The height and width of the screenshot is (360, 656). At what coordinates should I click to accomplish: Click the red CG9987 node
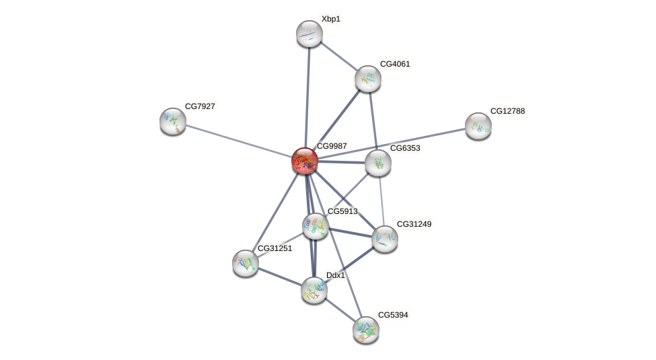(x=305, y=161)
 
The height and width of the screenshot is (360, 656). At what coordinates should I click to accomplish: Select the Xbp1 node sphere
(x=309, y=34)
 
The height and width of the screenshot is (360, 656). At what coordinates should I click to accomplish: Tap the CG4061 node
(x=368, y=79)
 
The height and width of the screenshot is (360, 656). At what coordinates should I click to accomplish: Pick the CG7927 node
(x=173, y=121)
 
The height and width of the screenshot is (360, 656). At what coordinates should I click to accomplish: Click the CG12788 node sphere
(x=478, y=126)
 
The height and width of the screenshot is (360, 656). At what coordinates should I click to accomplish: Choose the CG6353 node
(x=378, y=163)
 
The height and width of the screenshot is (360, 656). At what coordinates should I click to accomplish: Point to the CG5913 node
(x=315, y=226)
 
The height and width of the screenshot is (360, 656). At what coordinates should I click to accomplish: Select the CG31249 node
(x=385, y=239)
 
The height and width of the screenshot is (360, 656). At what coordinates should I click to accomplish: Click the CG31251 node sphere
(x=246, y=263)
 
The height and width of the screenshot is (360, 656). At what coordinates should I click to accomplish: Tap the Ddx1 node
(x=314, y=290)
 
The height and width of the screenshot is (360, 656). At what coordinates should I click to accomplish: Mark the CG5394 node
(x=366, y=330)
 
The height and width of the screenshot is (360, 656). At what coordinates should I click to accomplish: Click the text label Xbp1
(x=330, y=19)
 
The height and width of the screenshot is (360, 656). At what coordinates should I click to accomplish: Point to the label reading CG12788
(x=507, y=111)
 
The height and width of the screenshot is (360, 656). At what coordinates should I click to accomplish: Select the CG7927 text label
(x=200, y=106)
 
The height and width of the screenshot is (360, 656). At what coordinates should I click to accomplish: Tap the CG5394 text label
(x=392, y=315)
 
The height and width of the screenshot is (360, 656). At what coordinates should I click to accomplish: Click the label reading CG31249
(x=414, y=224)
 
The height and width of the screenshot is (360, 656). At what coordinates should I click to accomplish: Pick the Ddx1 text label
(x=335, y=275)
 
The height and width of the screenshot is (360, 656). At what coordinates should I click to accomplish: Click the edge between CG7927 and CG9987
(x=239, y=141)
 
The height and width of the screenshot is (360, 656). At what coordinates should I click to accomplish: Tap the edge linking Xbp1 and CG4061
(x=338, y=56)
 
